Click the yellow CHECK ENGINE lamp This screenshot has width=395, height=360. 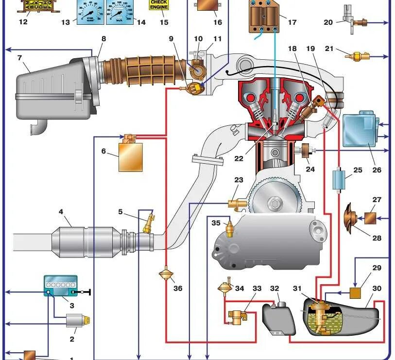point(158,5)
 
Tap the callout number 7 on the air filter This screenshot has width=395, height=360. point(19,58)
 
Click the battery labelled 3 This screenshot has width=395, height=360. point(60,285)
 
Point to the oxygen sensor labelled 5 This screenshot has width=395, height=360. point(148,224)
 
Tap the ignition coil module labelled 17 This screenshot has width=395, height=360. point(266,17)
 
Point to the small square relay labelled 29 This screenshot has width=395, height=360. point(357,292)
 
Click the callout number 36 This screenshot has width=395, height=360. point(178,288)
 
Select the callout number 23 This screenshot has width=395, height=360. point(239,180)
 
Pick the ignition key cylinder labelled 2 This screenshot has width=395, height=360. point(78,321)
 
